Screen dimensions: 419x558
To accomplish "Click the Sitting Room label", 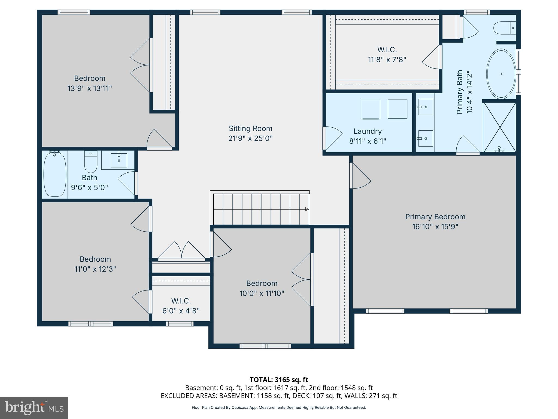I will pos(250,128).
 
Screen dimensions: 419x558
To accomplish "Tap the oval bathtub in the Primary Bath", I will pos(501,74).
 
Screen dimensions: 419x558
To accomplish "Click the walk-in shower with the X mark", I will pos(499,127).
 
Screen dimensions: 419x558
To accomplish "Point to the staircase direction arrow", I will pos(307,209).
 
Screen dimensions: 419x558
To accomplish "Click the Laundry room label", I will pos(368,131).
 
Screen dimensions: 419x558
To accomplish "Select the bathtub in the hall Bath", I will pos(55,174).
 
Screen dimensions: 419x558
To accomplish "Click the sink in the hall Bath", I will pos(119,160).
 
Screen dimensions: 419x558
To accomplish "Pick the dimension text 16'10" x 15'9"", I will pos(435,227).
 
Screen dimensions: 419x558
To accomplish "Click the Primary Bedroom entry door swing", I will pos(360,176).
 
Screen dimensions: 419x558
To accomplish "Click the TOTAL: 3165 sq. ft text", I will pos(279,380).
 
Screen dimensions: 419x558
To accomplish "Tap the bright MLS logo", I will pos(34,408).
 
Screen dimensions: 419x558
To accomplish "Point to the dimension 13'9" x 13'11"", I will pos(90,88).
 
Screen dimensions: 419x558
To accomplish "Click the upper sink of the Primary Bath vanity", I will pos(425,107).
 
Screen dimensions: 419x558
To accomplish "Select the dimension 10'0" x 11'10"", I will pos(262,294).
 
